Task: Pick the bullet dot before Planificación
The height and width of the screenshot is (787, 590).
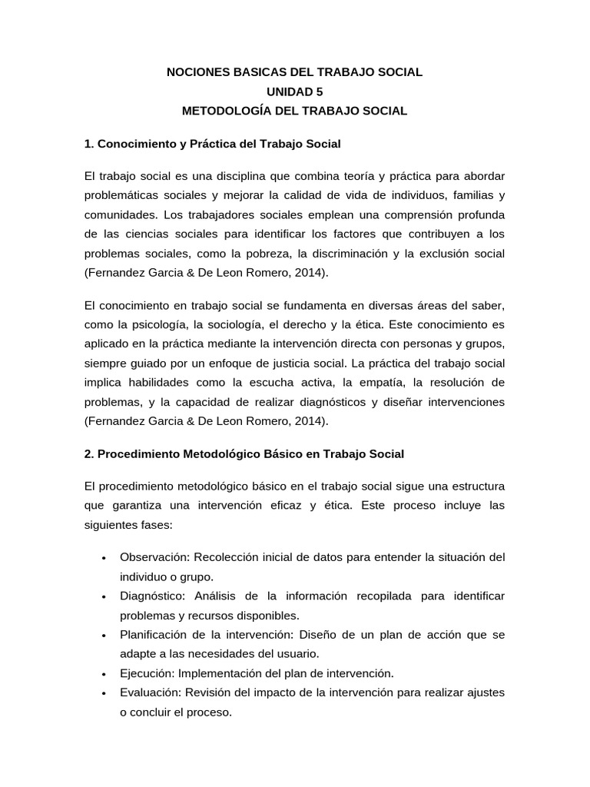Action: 103,635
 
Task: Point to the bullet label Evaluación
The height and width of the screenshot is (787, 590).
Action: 147,692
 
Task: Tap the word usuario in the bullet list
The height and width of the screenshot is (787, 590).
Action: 297,654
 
